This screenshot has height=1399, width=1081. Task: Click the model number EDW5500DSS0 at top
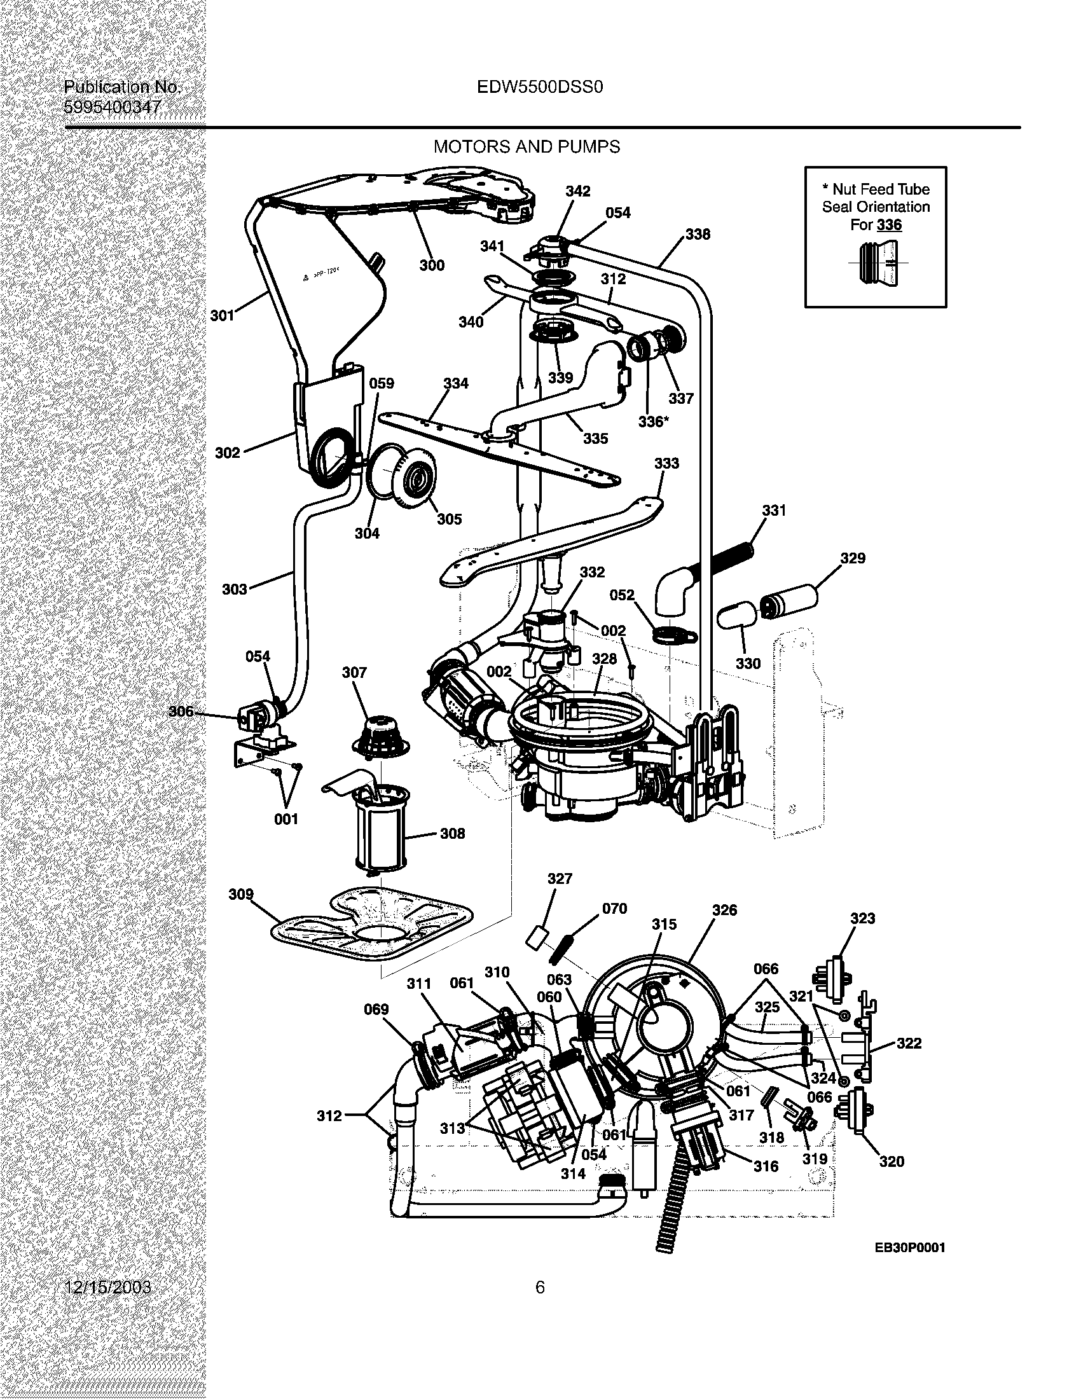point(540,87)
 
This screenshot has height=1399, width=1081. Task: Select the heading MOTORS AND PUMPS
point(527,148)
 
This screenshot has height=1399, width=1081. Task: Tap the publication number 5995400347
point(113,107)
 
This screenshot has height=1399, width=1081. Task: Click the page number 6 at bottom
point(540,1287)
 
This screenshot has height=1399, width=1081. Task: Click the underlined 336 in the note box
point(889,225)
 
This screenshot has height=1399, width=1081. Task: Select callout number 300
point(432,265)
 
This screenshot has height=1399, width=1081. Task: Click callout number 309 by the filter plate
point(241,894)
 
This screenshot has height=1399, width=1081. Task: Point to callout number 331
point(774,511)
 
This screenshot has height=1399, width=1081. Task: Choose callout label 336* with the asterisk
point(653,422)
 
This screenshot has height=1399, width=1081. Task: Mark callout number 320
point(892,1161)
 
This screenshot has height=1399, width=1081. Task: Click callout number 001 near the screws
point(286,818)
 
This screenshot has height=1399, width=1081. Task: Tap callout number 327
point(560,879)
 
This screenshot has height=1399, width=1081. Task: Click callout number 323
point(863,919)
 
